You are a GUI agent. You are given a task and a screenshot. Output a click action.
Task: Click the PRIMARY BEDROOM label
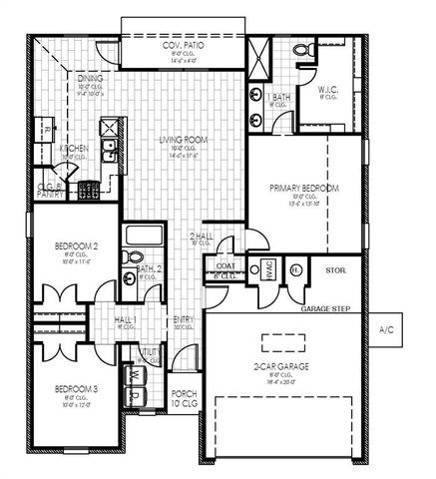[x=305, y=188]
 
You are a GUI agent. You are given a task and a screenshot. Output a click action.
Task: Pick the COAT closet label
[x=224, y=265]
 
